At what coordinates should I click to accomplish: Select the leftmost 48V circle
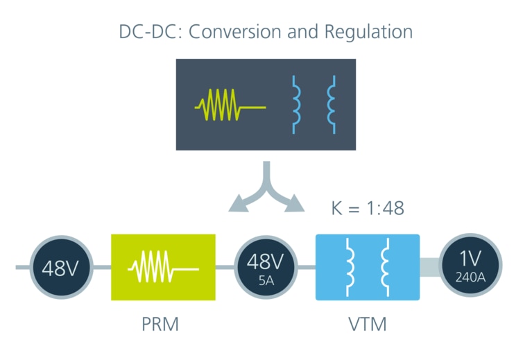pos(61,268)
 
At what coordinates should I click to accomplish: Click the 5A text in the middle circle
pos(266,280)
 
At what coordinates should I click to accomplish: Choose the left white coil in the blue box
pos(350,267)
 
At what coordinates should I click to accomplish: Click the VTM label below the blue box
pos(368,324)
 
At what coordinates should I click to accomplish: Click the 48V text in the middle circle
pos(266,262)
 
